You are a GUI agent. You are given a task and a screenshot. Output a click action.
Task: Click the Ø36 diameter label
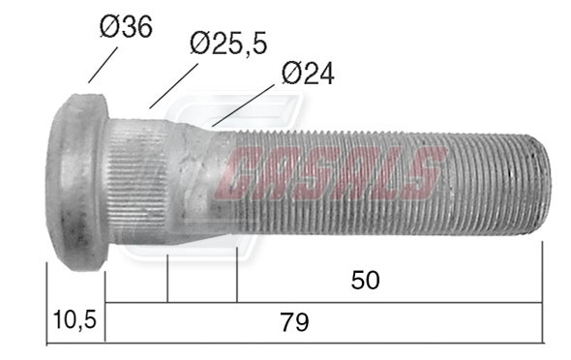[x=125, y=27]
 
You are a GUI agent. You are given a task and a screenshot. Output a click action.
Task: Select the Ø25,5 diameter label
[x=228, y=43]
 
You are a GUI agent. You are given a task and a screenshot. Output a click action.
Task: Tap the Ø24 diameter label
[x=307, y=74]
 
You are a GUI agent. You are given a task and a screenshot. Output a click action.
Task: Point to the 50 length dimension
[x=365, y=280]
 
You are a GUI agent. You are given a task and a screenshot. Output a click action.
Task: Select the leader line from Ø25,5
[x=174, y=85]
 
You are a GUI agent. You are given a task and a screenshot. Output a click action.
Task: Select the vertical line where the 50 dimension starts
[x=237, y=275]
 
